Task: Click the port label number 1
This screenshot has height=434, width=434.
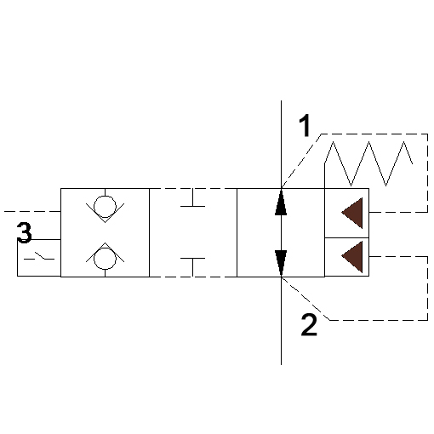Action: (305, 125)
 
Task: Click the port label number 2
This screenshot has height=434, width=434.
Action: (309, 325)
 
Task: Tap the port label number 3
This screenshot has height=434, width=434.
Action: (24, 232)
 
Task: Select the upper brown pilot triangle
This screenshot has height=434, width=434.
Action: (352, 213)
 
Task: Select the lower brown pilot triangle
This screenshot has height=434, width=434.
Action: (352, 256)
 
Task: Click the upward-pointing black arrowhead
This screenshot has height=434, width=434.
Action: (281, 203)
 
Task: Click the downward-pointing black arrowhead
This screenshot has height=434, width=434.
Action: (281, 263)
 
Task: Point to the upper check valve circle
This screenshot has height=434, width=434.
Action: (105, 207)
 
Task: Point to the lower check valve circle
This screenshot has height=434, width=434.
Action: (105, 258)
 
